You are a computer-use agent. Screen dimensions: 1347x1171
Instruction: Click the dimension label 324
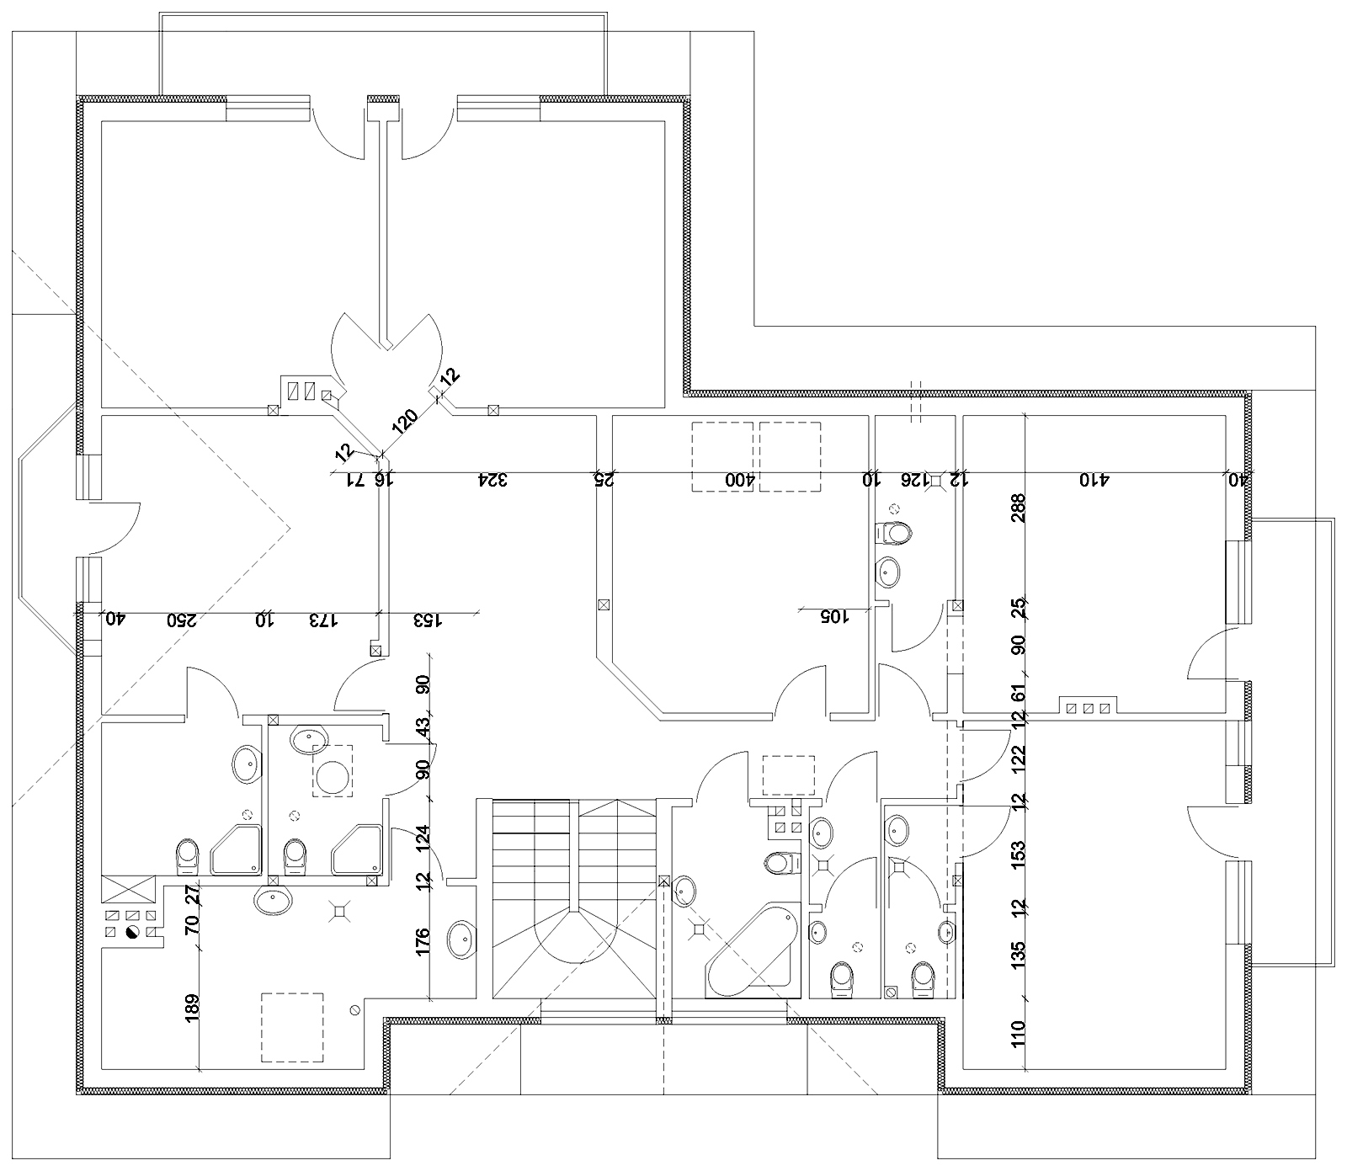point(493,480)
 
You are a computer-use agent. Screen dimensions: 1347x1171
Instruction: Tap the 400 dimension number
point(737,480)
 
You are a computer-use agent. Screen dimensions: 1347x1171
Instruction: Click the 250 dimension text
point(182,620)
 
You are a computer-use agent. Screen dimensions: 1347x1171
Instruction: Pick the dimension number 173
point(323,620)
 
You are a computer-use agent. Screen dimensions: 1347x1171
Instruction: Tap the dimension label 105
point(834,615)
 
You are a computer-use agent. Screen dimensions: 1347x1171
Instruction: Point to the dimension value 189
point(192,1008)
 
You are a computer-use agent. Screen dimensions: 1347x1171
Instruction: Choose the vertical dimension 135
point(1020,954)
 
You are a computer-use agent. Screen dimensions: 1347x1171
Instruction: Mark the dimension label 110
point(1020,1031)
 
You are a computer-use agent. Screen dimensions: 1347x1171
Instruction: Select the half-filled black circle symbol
point(132,932)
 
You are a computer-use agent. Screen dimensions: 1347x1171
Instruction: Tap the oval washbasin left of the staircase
point(461,939)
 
